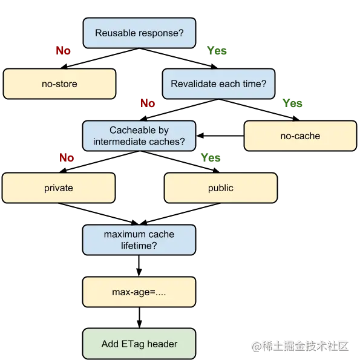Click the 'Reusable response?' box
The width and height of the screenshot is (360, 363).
139,33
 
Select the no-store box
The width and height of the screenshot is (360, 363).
59,84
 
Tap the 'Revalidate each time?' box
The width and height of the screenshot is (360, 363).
218,84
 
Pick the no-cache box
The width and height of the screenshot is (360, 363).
300,136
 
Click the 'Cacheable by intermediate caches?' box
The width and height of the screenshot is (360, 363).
139,136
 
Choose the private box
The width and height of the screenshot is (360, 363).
59,188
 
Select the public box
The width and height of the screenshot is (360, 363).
221,188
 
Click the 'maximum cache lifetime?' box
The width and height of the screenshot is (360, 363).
139,240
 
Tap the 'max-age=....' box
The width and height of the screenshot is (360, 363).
139,292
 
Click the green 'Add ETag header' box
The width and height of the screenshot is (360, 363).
139,344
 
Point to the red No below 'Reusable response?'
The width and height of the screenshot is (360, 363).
63,50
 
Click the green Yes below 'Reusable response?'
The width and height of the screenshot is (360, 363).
217,50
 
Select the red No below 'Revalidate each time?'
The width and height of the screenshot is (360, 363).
148,103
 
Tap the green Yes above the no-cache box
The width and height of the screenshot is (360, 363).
292,103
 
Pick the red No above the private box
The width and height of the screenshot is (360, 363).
67,158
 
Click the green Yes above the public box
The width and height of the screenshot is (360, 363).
211,158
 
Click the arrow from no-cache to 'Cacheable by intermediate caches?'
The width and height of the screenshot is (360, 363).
220,136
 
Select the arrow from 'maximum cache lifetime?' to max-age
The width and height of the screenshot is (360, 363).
139,266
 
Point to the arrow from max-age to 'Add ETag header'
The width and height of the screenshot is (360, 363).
139,318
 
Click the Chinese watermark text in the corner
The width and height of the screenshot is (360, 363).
300,347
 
